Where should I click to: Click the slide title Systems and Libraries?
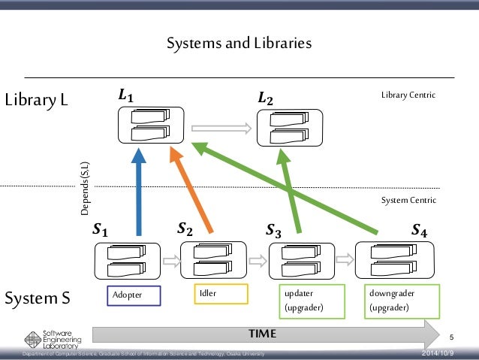click(239, 44)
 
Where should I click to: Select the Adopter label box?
click(136, 296)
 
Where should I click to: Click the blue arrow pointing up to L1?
click(138, 195)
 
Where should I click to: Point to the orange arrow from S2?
click(193, 192)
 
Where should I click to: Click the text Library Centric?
click(408, 95)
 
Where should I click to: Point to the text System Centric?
click(408, 200)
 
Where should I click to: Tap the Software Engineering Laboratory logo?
click(47, 338)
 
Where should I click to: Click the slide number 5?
click(452, 335)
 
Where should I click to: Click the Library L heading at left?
click(36, 100)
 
